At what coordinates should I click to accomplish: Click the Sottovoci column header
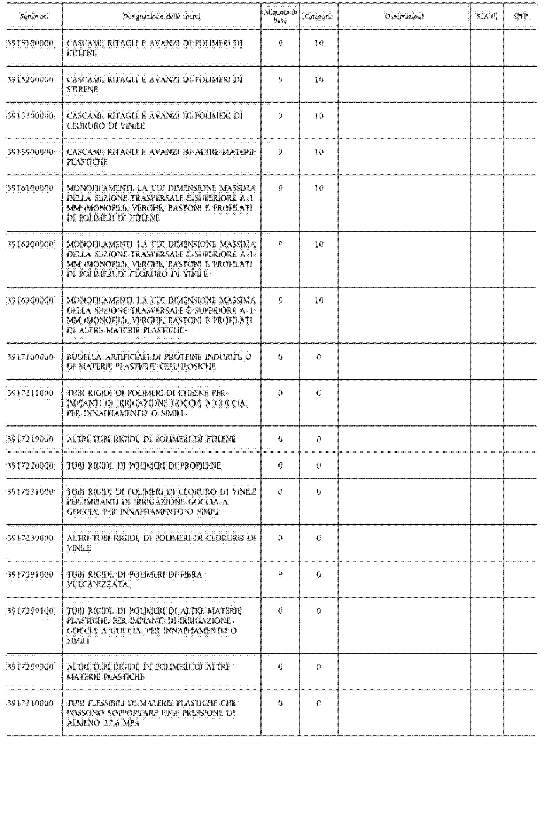[34, 16]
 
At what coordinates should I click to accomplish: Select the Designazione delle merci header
[161, 16]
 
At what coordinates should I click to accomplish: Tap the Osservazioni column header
[404, 16]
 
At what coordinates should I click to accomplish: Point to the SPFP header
[520, 16]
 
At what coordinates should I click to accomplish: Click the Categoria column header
[318, 16]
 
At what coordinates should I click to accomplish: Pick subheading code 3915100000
[31, 43]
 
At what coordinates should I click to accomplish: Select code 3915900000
[31, 152]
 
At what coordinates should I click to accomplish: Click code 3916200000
[31, 244]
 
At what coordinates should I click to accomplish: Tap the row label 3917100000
[31, 357]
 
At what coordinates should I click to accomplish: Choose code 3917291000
[31, 574]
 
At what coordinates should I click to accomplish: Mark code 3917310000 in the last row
[31, 703]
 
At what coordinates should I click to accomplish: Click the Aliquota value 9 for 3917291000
[280, 574]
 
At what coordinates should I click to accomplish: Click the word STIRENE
[82, 90]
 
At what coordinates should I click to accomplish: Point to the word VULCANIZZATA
[97, 585]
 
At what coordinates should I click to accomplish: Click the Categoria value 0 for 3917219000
[318, 439]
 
